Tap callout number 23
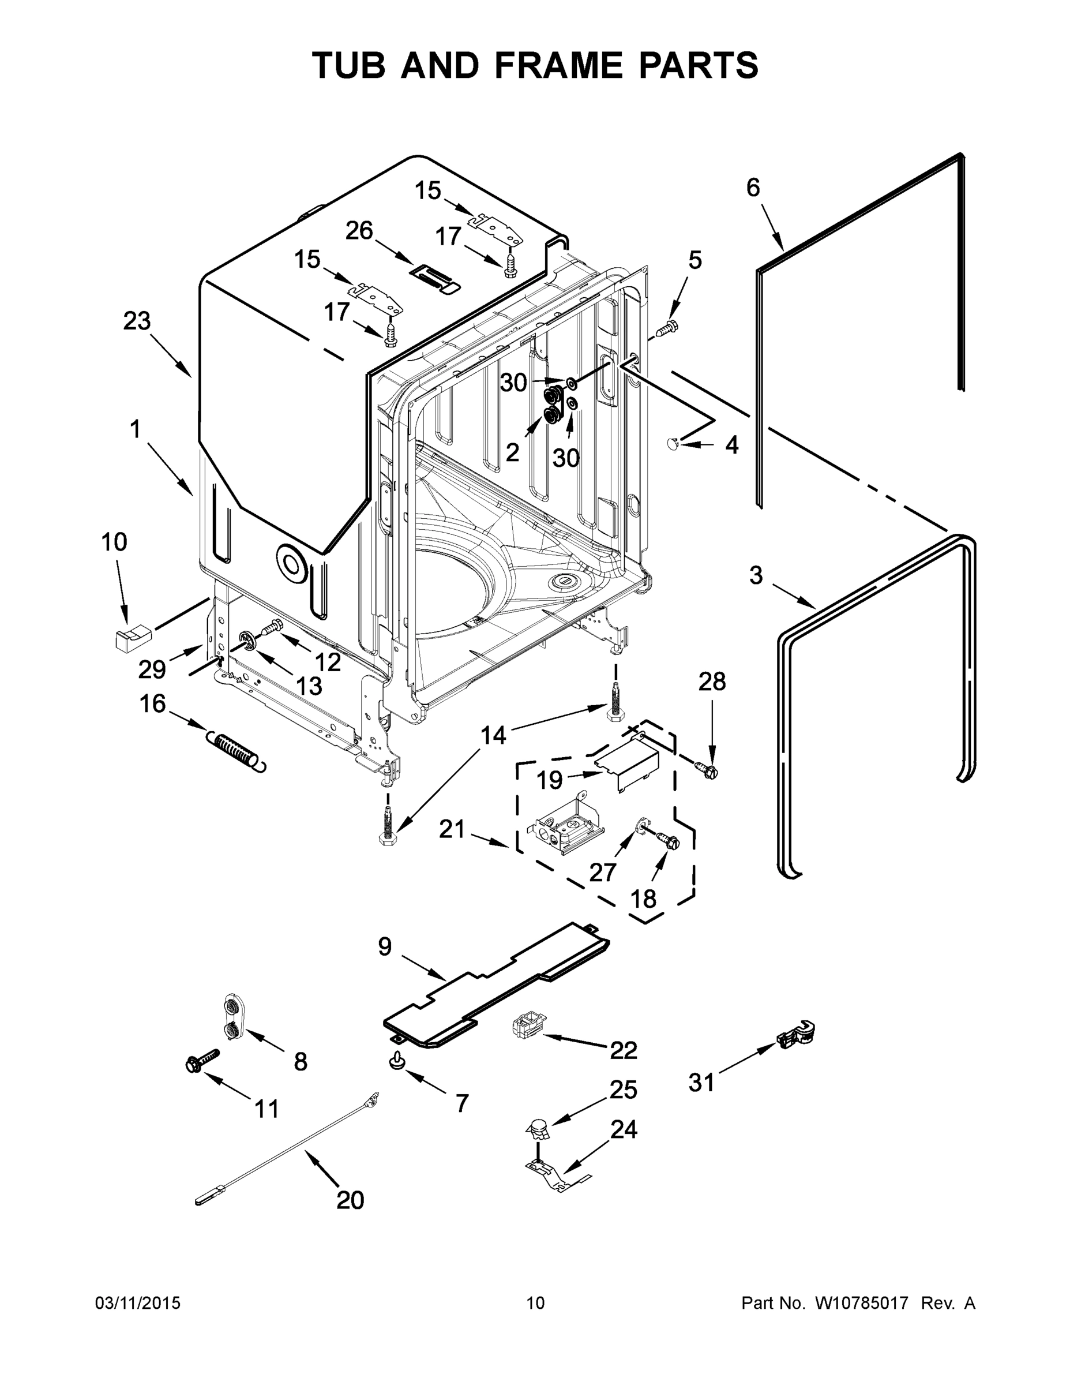tap(137, 321)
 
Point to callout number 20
tap(350, 1200)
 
